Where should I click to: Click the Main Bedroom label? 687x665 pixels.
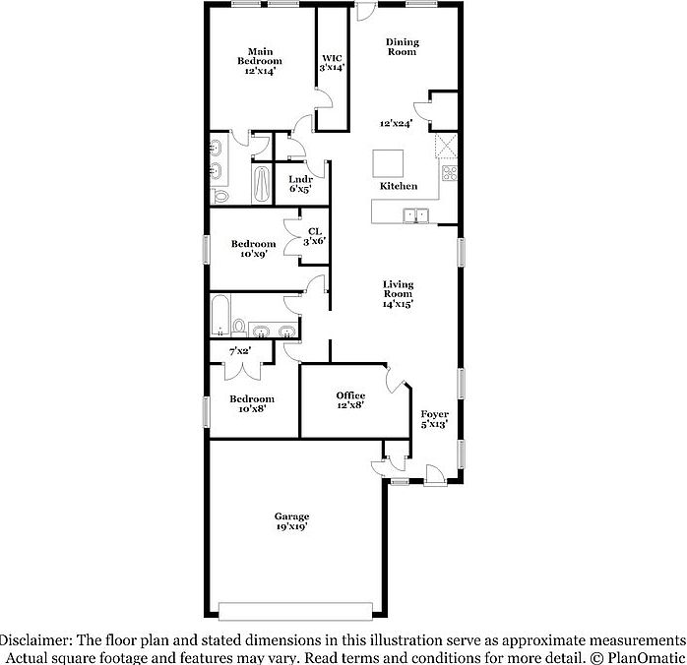260,61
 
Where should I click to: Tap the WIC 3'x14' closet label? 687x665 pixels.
331,63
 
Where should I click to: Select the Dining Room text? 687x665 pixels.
401,46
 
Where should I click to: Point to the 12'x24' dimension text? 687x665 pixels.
397,124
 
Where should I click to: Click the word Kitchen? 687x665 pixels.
399,186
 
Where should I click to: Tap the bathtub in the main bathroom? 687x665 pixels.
261,184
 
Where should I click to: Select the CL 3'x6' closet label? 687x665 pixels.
314,236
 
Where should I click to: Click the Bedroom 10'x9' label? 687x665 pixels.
253,249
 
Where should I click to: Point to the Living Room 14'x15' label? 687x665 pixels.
398,294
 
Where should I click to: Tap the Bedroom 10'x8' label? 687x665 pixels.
253,403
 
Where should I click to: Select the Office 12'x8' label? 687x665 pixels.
350,400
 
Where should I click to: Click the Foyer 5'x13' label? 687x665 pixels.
434,420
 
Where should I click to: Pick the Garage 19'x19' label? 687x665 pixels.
291,521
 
